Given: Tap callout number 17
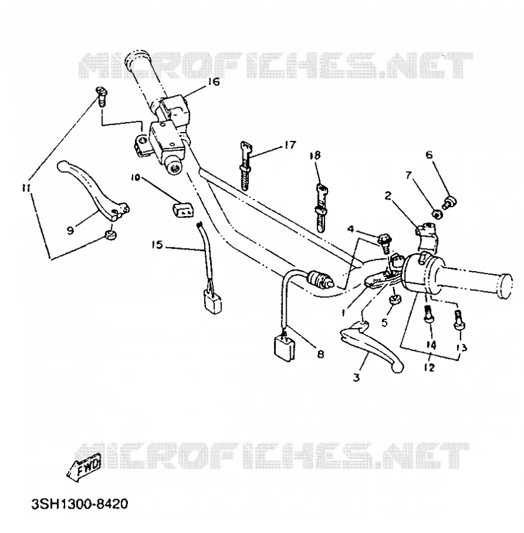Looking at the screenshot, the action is [290, 145].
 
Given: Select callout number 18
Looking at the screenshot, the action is [315, 155].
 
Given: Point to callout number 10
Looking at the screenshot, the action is [136, 177].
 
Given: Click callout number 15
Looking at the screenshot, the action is [157, 245].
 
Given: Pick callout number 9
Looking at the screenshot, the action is [70, 231].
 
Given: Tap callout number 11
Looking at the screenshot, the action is [26, 188].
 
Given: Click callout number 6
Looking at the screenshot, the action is [429, 155].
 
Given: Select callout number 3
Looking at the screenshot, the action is [356, 377].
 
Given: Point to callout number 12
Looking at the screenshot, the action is [429, 367].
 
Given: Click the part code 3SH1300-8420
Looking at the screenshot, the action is [79, 504].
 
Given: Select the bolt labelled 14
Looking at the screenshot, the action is [428, 314].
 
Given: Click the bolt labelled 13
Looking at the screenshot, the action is [459, 320].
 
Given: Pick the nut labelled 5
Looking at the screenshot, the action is [394, 300].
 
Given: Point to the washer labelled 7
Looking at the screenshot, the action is [438, 214].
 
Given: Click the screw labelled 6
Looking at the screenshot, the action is [449, 203].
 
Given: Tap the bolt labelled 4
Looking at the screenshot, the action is [384, 243].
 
